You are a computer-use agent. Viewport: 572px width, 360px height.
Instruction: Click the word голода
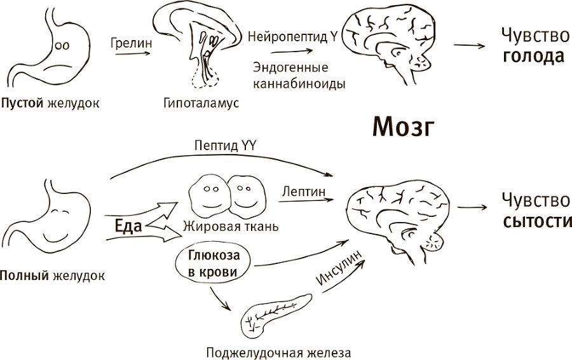click(x=533, y=57)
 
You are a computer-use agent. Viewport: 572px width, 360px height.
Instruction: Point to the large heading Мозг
click(x=402, y=128)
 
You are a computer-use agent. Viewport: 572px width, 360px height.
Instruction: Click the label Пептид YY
click(x=225, y=145)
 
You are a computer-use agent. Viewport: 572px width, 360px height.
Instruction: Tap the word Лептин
click(x=303, y=190)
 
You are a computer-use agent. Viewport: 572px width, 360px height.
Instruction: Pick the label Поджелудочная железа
click(x=278, y=352)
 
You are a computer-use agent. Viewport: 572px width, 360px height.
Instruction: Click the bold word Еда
click(x=128, y=225)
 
